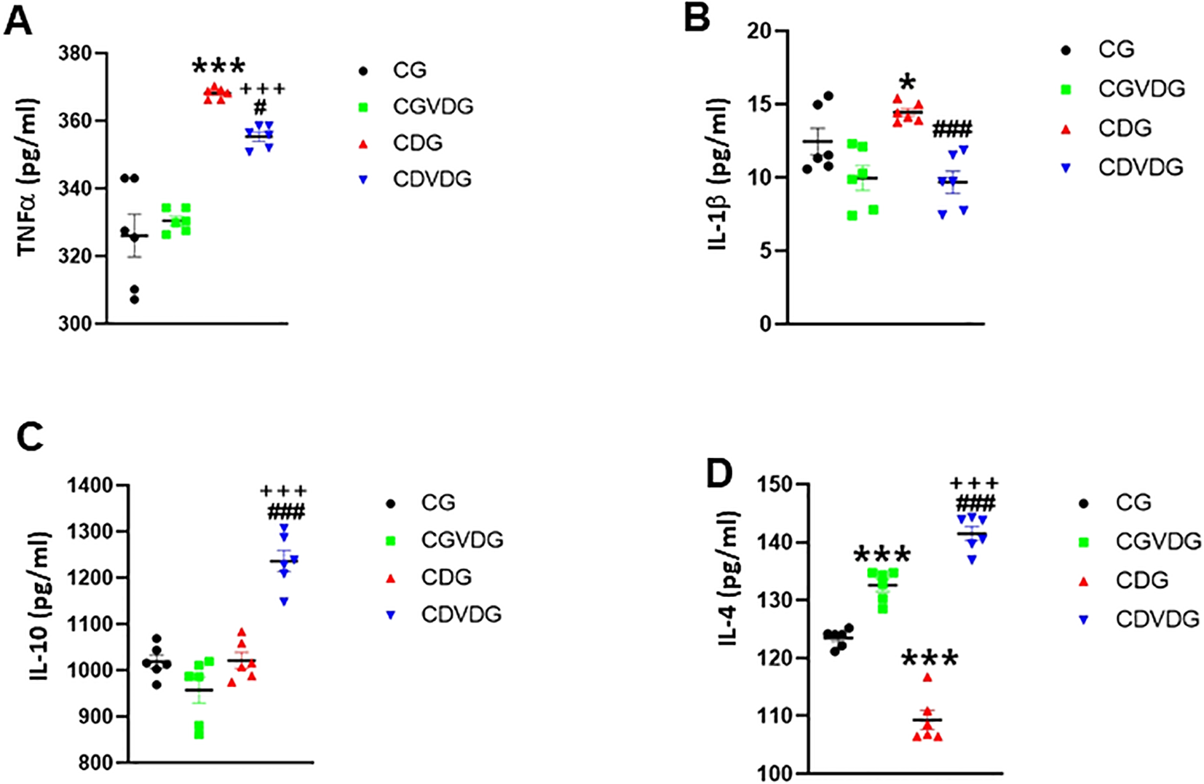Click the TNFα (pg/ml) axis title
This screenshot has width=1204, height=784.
point(28,177)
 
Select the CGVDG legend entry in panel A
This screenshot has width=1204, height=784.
point(432,106)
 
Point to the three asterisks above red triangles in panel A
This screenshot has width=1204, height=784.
point(218,68)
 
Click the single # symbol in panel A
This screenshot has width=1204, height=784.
point(261,108)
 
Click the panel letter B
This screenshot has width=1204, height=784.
point(697,17)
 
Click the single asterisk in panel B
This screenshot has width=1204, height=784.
point(907,82)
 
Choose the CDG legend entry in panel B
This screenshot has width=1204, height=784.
point(1125,128)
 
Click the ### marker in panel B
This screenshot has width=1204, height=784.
point(952,130)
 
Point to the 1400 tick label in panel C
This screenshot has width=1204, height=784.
point(90,485)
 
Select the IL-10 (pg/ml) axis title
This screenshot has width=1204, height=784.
point(39,606)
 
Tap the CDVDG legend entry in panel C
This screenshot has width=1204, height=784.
point(461,614)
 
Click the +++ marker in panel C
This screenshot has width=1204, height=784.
point(284,491)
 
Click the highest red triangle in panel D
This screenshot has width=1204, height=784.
point(927,677)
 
